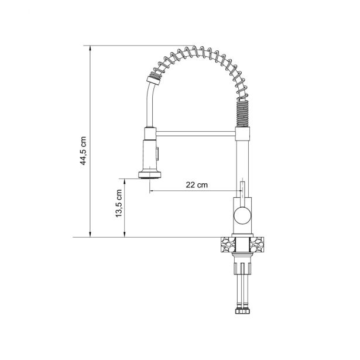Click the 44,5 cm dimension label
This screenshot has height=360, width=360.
coord(83,150)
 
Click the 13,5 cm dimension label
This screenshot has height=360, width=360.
coord(118,204)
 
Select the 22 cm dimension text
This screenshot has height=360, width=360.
coord(197,184)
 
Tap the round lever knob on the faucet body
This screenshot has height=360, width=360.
coord(242,215)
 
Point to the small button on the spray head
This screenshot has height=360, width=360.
coord(157,154)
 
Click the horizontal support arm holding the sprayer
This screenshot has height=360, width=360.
coord(196,134)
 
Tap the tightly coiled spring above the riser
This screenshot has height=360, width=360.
coord(243,113)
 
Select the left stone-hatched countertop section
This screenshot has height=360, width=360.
coord(228,245)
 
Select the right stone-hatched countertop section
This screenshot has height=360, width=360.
coord(257,245)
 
